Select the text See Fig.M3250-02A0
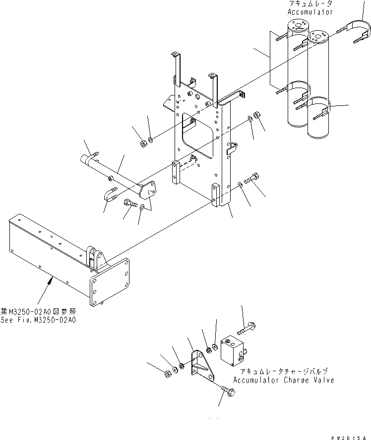(x=39, y=320)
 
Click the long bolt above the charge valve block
(x=246, y=327)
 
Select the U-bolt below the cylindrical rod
(x=110, y=195)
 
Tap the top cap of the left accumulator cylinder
(x=298, y=23)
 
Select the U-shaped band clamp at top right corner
(x=358, y=27)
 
